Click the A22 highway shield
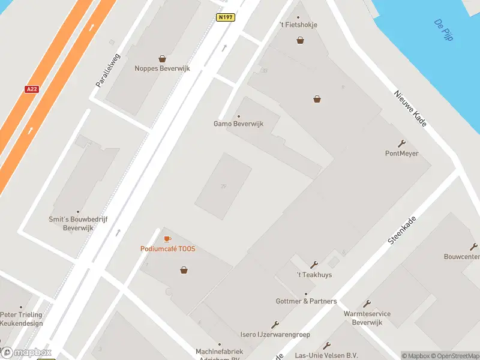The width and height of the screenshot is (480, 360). coord(32,89)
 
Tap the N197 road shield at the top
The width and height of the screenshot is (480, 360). coord(226,17)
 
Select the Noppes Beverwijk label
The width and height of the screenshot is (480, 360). coord(162,68)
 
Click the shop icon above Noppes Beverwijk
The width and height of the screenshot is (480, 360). coord(162,59)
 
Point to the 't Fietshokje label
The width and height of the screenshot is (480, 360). coord(298,25)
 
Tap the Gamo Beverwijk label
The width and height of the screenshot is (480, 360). coord(239,124)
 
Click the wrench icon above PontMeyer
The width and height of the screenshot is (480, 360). coord(401,143)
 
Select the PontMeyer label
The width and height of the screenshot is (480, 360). coord(401,154)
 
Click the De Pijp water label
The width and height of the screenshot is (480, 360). coord(444,30)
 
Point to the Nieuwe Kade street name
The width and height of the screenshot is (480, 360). coord(410,108)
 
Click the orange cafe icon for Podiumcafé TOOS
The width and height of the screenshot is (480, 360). coord(167,239)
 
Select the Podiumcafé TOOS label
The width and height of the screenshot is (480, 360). coord(167,249)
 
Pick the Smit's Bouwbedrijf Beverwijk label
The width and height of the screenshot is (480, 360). coord(78,224)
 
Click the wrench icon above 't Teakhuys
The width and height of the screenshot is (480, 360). coord(314,265)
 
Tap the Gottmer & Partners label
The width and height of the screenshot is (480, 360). coord(306,301)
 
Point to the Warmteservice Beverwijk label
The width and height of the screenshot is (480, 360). coord(367,318)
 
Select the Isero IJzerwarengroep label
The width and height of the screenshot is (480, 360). coord(275,334)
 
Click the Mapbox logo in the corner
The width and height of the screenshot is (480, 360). coord(26,353)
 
